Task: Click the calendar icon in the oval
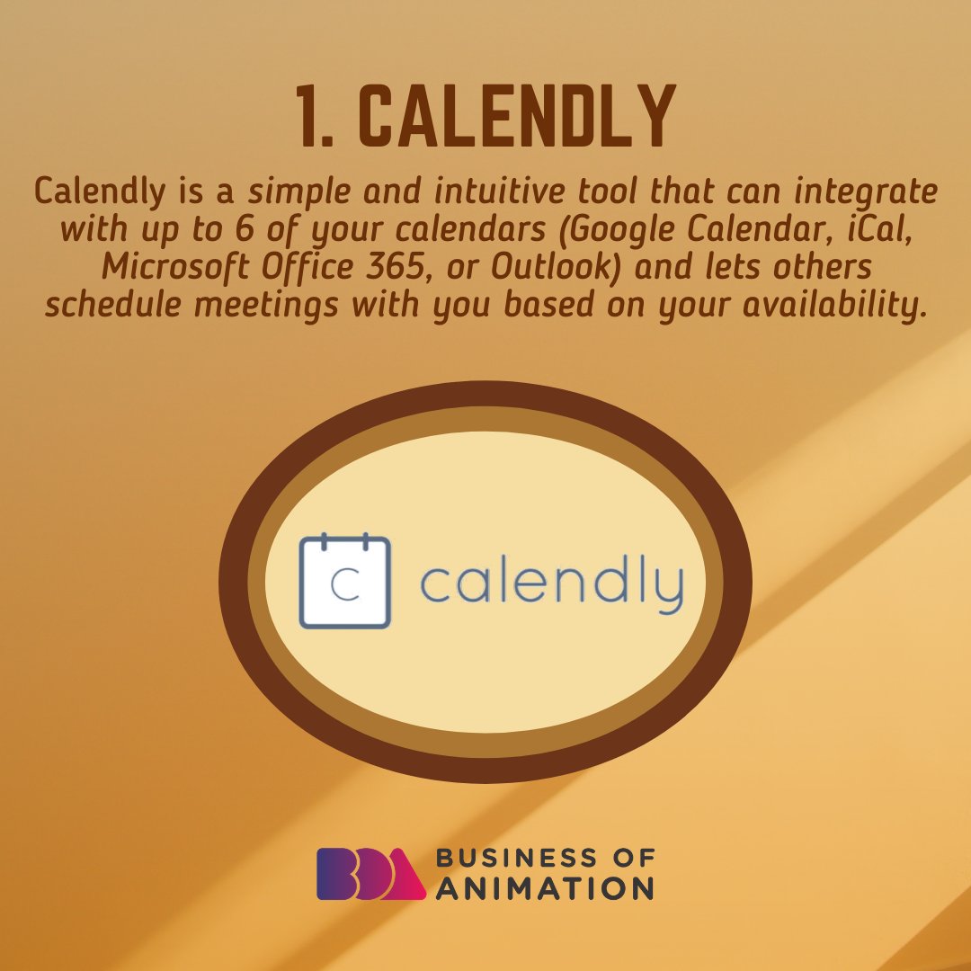click(344, 581)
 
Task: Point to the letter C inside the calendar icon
click(343, 585)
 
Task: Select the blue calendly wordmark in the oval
click(551, 585)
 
